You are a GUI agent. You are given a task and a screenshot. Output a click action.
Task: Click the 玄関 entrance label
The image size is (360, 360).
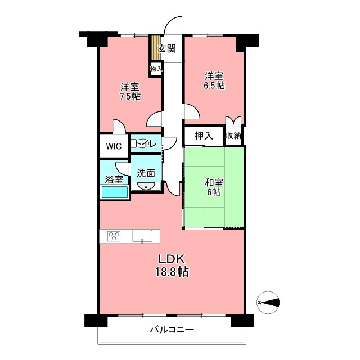(167, 48)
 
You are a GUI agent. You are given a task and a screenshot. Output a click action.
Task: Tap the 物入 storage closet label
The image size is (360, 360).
(156, 69)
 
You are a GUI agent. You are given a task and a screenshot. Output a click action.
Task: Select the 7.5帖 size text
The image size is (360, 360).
(130, 96)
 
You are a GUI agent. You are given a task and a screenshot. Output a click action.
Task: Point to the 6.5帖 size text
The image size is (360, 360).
(214, 85)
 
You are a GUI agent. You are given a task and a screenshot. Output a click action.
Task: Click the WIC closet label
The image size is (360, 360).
(114, 146)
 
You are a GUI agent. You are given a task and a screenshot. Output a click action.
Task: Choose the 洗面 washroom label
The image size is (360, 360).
(146, 173)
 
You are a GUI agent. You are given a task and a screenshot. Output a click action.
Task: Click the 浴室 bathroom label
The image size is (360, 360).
(114, 179)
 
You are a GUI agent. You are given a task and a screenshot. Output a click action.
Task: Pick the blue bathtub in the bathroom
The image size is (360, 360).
(115, 192)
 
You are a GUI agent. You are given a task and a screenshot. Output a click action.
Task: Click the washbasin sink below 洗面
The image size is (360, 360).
(146, 186)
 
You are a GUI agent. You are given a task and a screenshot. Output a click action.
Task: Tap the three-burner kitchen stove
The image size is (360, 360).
(114, 236)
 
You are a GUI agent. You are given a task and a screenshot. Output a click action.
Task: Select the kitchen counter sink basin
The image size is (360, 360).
(142, 236)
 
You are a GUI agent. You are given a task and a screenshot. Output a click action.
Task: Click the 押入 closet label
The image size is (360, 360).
(204, 136)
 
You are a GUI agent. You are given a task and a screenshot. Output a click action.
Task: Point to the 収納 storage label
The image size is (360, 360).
(233, 136)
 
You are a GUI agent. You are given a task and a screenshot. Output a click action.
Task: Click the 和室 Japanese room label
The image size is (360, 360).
(214, 183)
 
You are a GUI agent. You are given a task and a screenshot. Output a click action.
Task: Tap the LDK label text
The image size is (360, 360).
(172, 259)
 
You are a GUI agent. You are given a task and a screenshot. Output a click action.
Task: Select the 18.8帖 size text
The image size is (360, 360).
(172, 272)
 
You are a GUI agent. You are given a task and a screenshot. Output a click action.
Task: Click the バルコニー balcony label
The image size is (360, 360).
(172, 330)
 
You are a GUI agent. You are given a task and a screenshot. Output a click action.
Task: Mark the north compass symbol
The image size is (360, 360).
(268, 303)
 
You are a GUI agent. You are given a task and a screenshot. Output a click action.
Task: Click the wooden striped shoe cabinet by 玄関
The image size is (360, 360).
(155, 47)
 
